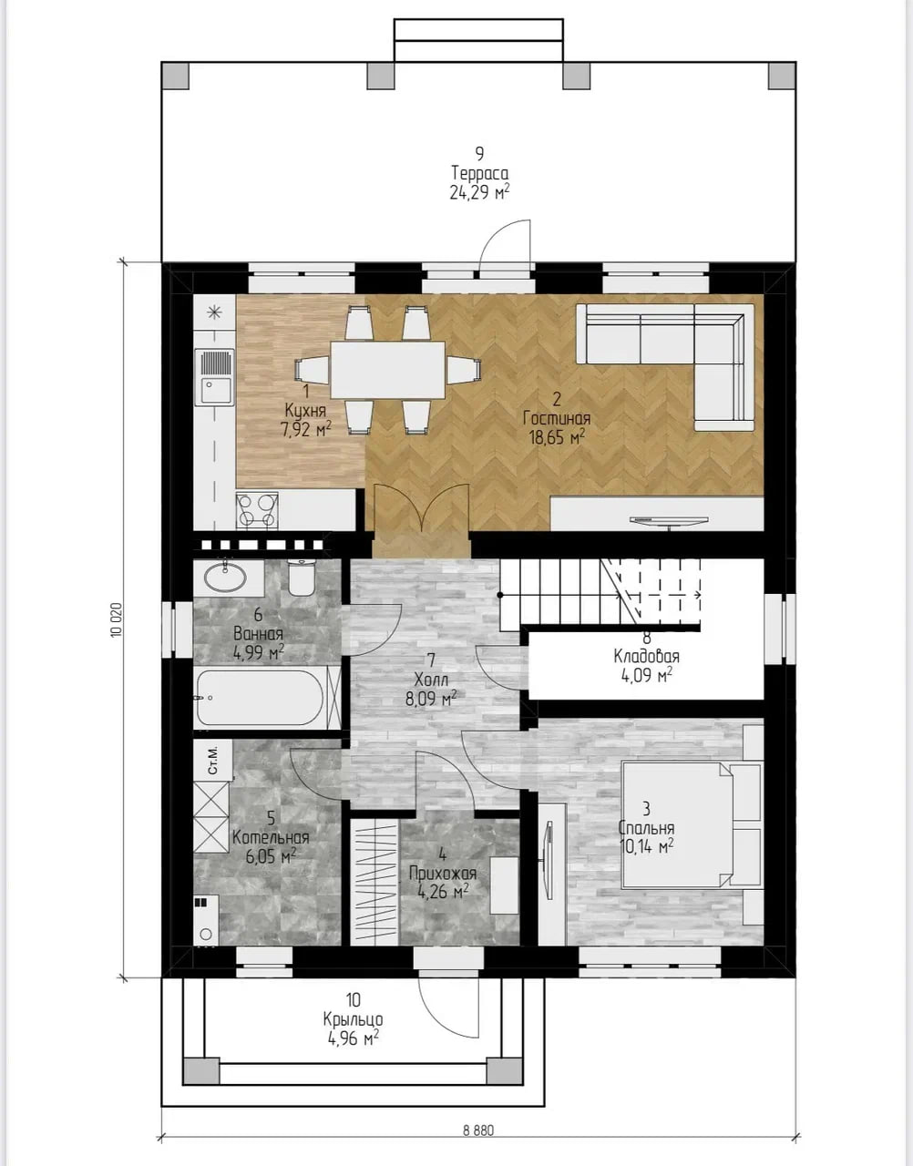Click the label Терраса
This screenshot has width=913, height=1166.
tap(479, 173)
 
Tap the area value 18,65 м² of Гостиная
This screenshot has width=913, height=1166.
tap(557, 437)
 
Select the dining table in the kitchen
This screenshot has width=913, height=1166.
tap(387, 370)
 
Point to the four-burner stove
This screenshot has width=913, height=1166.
tap(257, 510)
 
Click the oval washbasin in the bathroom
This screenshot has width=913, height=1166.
tap(225, 577)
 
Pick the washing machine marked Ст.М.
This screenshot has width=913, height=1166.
tap(212, 760)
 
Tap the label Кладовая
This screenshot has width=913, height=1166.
tap(646, 656)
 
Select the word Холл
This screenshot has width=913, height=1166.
tap(431, 680)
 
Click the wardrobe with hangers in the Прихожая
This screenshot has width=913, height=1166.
tap(374, 882)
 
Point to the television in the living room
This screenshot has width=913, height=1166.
tap(670, 522)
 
